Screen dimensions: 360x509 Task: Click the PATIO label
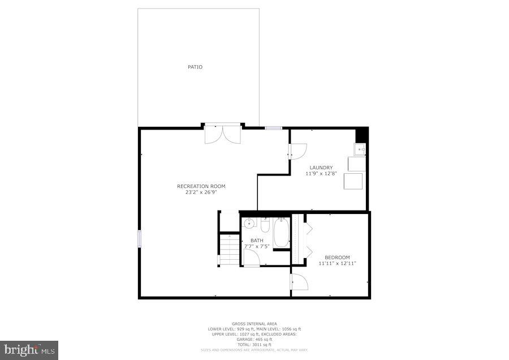click(195, 67)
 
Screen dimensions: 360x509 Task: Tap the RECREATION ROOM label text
click(201, 186)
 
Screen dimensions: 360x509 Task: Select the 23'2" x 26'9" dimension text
click(201, 192)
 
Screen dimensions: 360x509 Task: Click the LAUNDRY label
click(321, 168)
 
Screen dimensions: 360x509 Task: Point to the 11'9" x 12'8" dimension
click(321, 173)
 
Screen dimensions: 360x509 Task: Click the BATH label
click(257, 241)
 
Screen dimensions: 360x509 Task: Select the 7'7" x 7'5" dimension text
click(257, 246)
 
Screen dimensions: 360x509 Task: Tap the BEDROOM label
click(337, 258)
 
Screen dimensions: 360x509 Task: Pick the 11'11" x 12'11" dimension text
click(337, 263)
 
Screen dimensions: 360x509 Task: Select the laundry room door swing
click(297, 151)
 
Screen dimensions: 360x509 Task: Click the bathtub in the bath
click(281, 234)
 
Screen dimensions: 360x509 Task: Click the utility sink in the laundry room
click(359, 149)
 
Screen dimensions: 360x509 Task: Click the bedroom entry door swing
click(299, 282)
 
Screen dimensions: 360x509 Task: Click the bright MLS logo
click(29, 350)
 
